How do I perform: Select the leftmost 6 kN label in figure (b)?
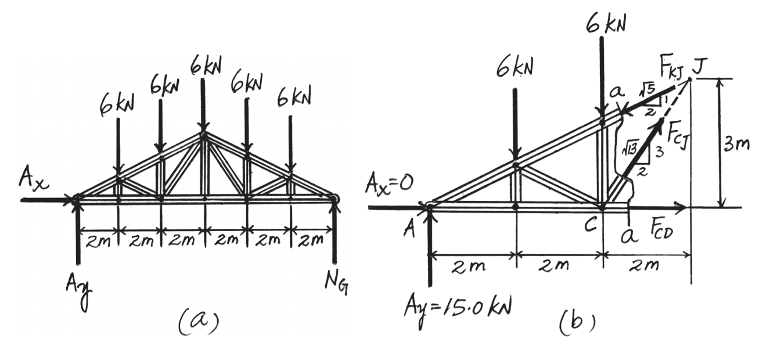(515, 68)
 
